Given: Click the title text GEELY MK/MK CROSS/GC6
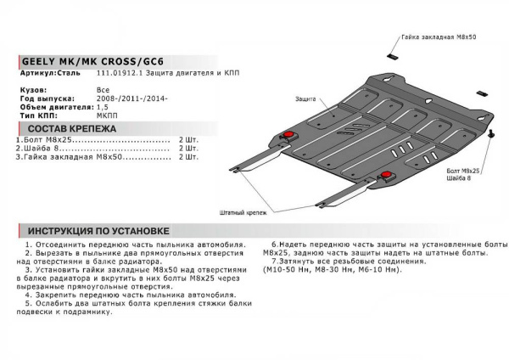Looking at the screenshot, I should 81,64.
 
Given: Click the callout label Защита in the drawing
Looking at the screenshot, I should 305,99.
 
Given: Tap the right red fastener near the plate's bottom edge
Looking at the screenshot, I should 388,175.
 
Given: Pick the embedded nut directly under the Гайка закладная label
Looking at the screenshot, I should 391,56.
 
